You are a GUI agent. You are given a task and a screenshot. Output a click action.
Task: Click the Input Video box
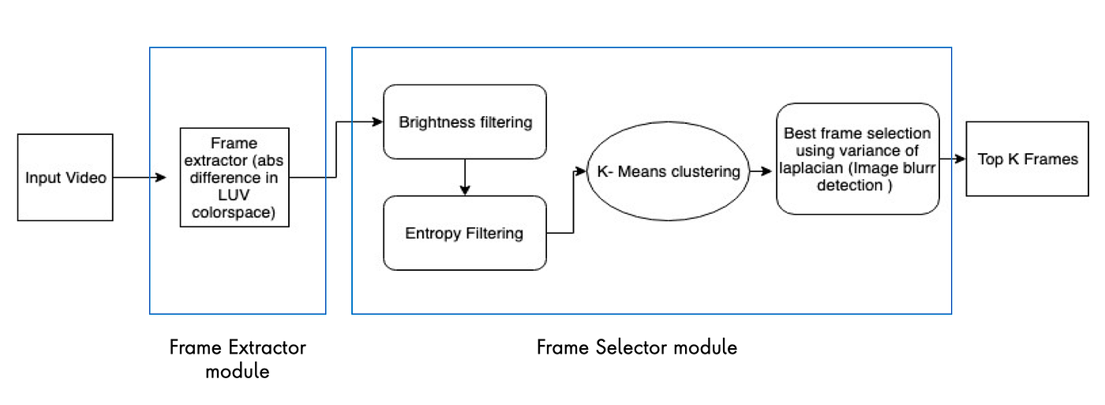[66, 178]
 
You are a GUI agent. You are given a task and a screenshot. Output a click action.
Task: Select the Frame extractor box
[234, 178]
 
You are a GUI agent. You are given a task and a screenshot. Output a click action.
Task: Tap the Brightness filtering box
[465, 122]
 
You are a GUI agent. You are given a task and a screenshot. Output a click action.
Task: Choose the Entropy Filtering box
[465, 233]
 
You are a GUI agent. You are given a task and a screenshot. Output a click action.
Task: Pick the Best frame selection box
[858, 159]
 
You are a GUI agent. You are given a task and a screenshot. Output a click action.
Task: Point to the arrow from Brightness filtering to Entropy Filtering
[465, 177]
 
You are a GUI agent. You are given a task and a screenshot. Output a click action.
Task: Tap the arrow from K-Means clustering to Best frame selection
[760, 171]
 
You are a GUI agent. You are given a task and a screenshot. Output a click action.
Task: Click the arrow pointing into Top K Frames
[953, 159]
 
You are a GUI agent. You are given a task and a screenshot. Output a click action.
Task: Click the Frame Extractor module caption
[238, 358]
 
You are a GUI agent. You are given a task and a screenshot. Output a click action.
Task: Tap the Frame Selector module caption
[637, 347]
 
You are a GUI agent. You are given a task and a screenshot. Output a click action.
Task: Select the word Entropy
[432, 233]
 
